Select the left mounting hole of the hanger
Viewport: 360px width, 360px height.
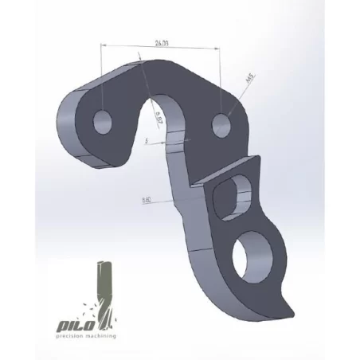coord(104,122)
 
